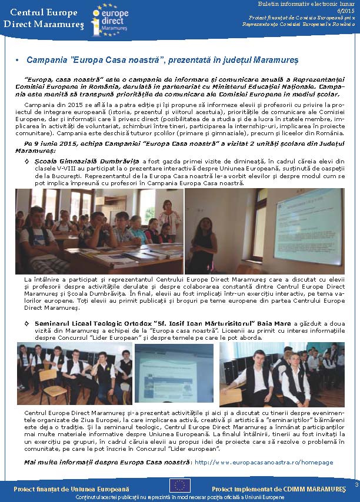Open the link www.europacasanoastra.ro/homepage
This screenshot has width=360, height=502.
(x=264, y=462)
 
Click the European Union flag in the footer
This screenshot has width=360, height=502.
(x=179, y=484)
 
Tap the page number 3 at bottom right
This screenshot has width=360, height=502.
(x=356, y=484)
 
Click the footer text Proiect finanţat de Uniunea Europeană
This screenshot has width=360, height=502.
(x=71, y=488)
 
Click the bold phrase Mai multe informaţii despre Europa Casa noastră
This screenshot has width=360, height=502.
(x=107, y=462)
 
